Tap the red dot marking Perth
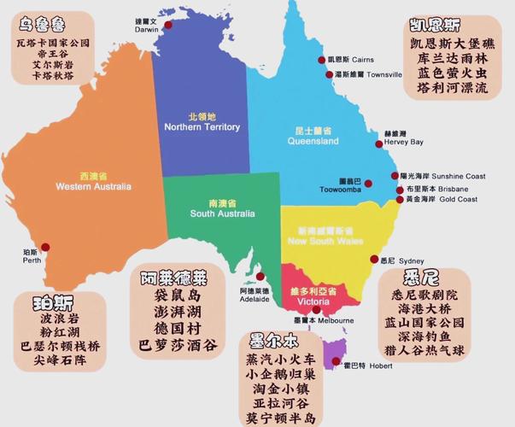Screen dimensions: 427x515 tap(45, 247)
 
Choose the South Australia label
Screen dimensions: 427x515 tap(219, 208)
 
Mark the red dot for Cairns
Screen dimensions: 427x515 tap(321, 60)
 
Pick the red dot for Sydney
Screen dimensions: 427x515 tap(373, 260)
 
